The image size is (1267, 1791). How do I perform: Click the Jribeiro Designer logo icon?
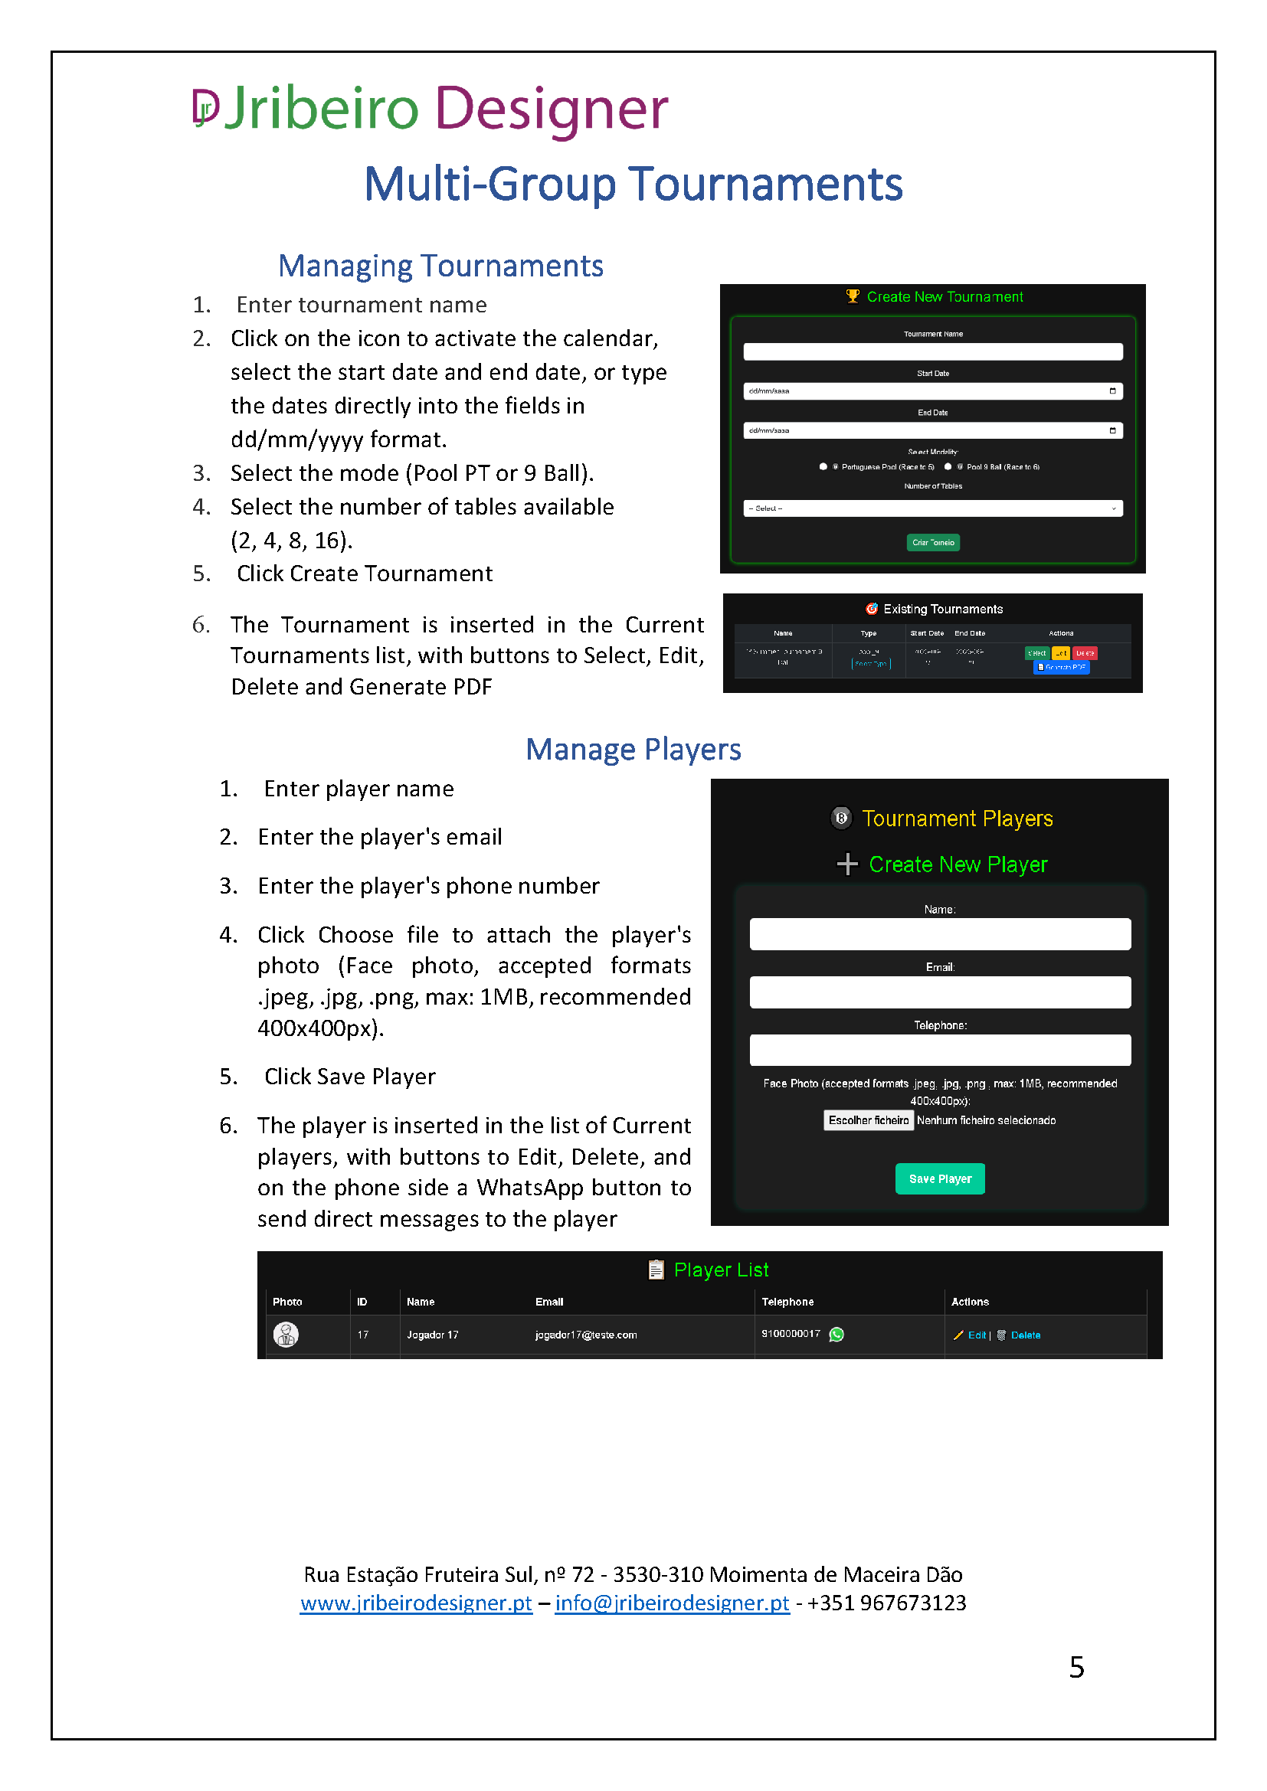[205, 107]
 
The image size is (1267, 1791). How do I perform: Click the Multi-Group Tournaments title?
[633, 185]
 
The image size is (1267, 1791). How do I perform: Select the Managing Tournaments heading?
[440, 266]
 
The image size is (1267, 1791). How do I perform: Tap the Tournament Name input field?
[932, 351]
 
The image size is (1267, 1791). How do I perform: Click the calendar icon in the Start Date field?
[1111, 391]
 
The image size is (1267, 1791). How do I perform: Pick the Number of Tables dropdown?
[932, 508]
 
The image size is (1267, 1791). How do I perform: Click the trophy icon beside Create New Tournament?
[853, 296]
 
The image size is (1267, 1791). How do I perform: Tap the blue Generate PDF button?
[1061, 668]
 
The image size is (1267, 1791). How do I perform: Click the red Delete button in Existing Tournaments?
[1085, 653]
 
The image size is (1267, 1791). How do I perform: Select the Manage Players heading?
[633, 750]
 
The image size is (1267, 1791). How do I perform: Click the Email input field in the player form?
[939, 992]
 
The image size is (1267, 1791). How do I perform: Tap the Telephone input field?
[939, 1050]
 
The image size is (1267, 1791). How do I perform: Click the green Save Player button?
[939, 1178]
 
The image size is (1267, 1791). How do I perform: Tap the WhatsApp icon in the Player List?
[836, 1335]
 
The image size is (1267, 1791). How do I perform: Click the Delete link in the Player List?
[1025, 1335]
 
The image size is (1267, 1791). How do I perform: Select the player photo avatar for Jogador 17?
[286, 1335]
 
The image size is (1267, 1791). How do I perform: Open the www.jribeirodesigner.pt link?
[416, 1603]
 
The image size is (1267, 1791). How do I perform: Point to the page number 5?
[1075, 1667]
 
